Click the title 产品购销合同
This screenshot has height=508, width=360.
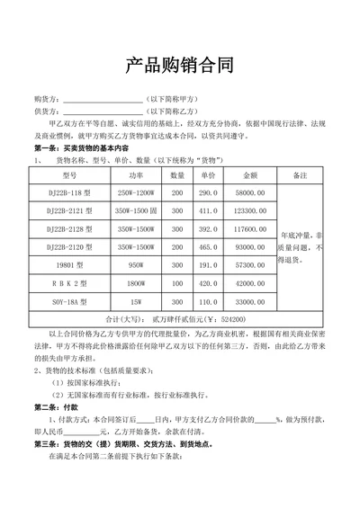click(179, 66)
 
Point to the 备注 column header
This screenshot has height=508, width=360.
click(301, 175)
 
